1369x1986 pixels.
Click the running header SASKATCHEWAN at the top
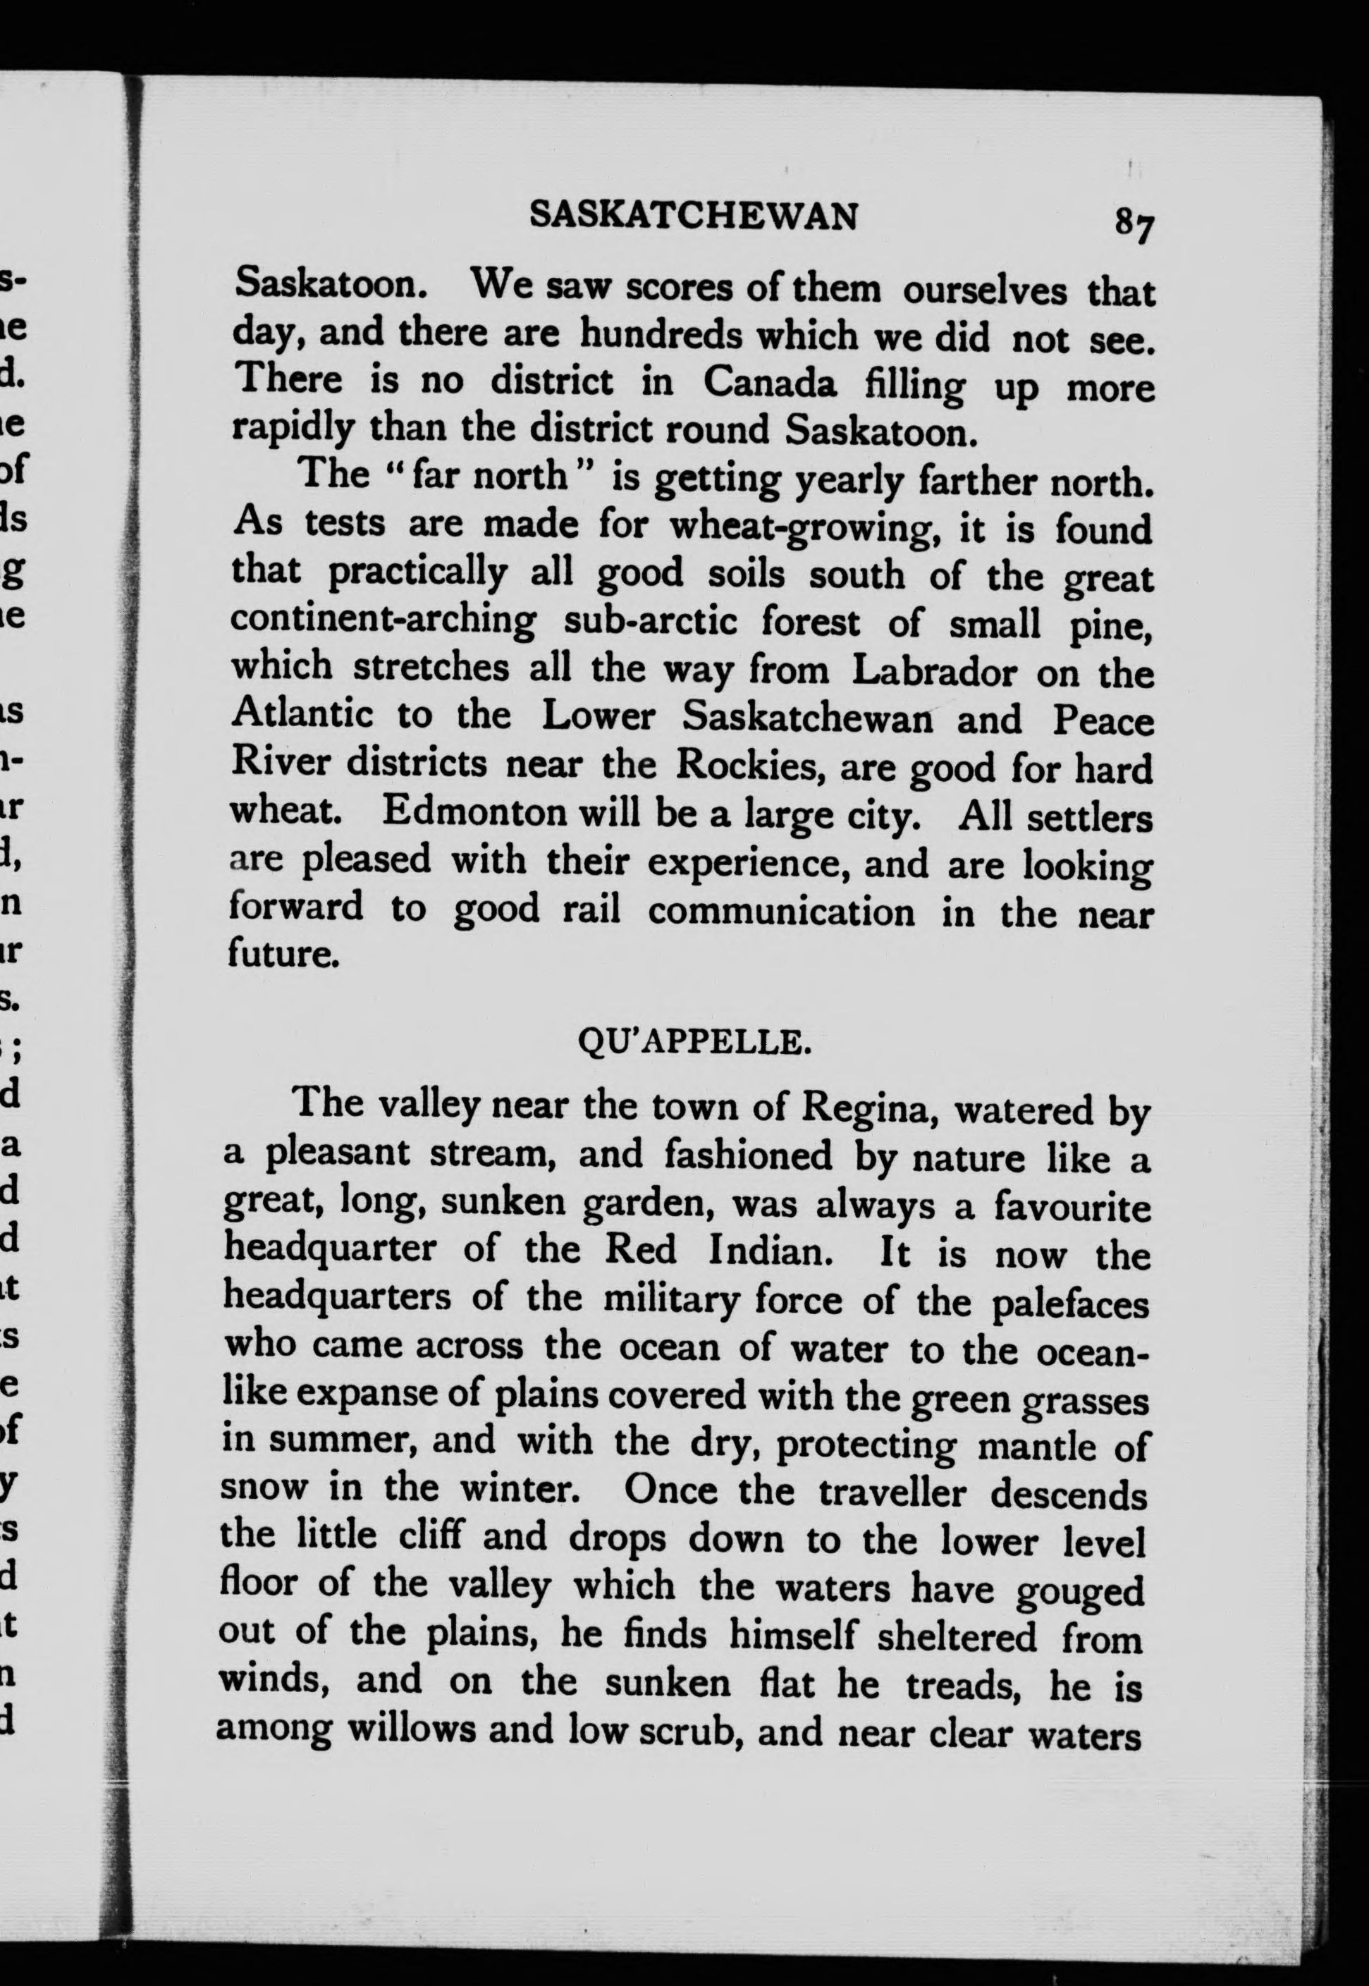point(693,215)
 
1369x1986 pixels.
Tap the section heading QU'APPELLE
point(693,1044)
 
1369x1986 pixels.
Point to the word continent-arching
point(383,621)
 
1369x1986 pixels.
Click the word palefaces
point(1069,1306)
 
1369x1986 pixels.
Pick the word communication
point(781,911)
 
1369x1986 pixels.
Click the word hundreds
point(658,335)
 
